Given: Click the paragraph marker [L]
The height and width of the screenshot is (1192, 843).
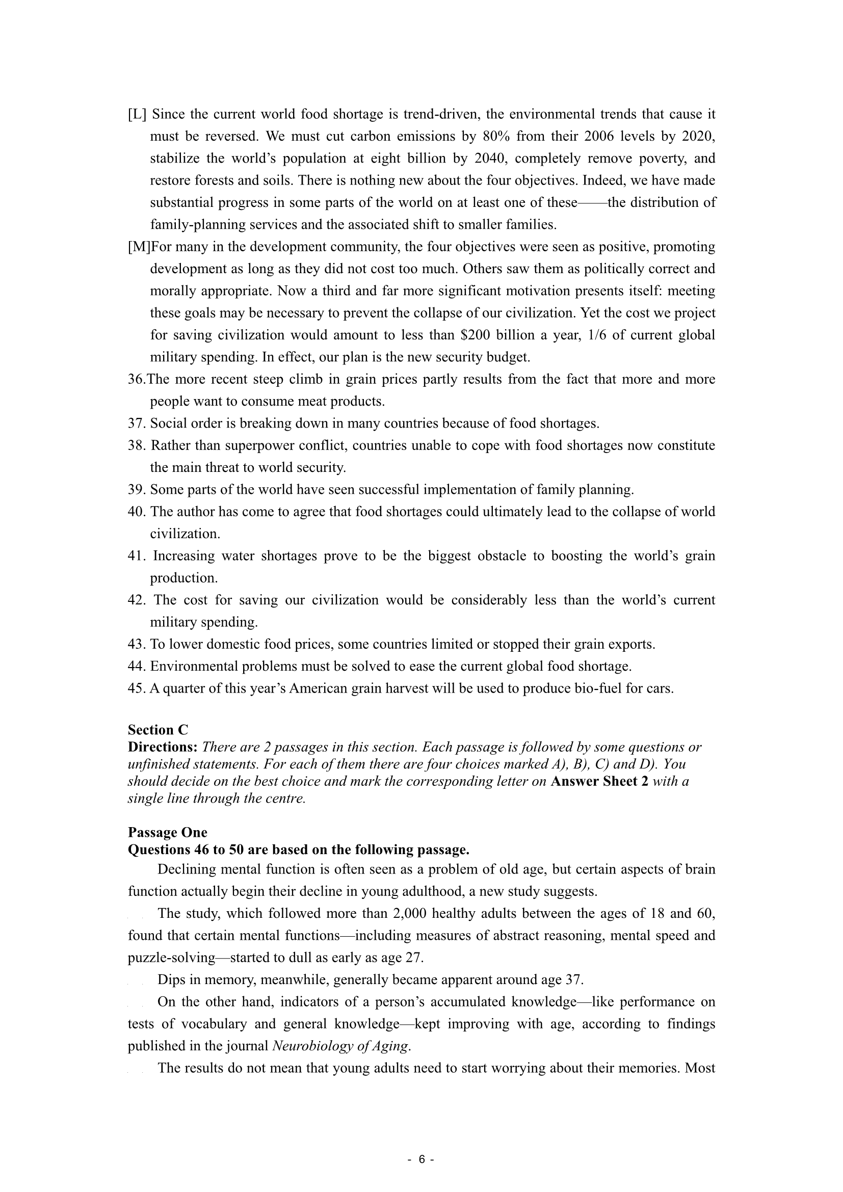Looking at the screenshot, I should tap(137, 114).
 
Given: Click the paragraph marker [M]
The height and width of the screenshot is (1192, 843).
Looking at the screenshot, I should tap(139, 247).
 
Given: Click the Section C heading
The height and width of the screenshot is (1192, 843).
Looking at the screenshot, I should tap(158, 730).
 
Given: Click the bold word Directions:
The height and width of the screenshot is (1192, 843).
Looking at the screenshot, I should tap(163, 747).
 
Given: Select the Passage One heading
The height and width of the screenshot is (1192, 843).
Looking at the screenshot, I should tap(167, 833).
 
